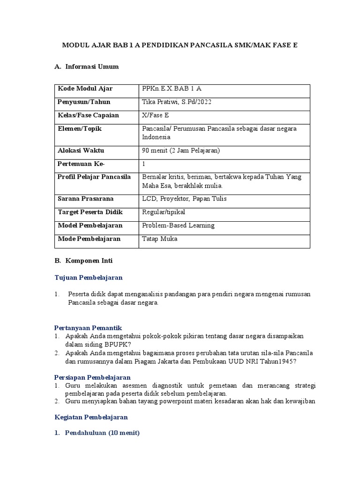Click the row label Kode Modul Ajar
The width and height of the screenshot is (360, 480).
[85, 89]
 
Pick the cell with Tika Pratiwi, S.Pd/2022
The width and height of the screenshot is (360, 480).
[176, 102]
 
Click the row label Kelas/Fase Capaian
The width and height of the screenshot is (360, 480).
[88, 115]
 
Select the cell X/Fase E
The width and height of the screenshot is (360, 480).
[157, 115]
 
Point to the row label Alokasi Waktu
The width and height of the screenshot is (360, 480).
[81, 150]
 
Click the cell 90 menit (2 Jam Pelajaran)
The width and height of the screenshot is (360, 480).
[180, 150]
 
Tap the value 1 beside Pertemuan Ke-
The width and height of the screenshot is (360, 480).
[144, 164]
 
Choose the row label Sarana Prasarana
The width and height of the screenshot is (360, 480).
[86, 199]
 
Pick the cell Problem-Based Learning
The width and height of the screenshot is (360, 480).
[178, 225]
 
